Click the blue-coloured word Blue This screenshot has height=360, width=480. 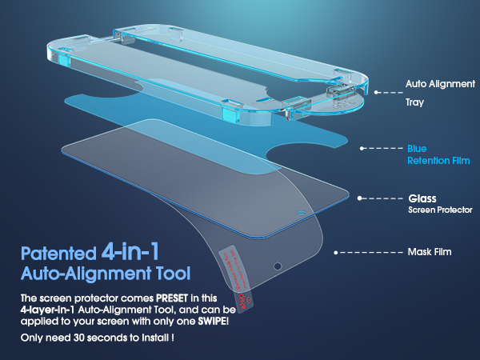pos(417,149)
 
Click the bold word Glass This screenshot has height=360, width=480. pos(422,197)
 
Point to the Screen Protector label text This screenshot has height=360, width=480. pos(441,210)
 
